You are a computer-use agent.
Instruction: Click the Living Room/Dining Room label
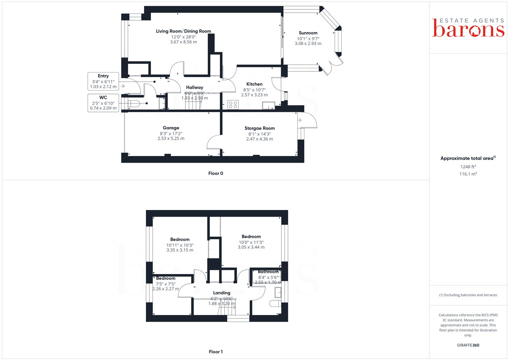[x=183, y=31]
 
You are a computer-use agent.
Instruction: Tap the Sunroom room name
[x=308, y=33]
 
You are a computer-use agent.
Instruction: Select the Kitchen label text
[x=254, y=84]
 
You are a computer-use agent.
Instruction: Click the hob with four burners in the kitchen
[x=233, y=105]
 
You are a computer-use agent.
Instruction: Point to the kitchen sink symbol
[x=268, y=106]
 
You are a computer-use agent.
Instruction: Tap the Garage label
[x=171, y=128]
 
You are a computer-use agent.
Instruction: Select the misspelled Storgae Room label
[x=260, y=128]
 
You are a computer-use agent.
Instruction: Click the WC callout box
[x=103, y=103]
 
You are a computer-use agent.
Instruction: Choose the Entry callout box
[x=103, y=81]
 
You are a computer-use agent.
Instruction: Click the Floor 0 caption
[x=216, y=173]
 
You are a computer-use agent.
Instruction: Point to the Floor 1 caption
[x=216, y=352]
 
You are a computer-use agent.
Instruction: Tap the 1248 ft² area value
[x=468, y=167]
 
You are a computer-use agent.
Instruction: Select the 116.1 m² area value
[x=468, y=174]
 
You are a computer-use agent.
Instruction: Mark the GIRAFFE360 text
[x=468, y=345]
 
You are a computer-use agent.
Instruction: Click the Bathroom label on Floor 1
[x=268, y=272]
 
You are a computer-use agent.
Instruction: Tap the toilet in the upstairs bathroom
[x=274, y=304]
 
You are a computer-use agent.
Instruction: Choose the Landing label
[x=222, y=293]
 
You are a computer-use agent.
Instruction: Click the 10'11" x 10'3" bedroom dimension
[x=180, y=245]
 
